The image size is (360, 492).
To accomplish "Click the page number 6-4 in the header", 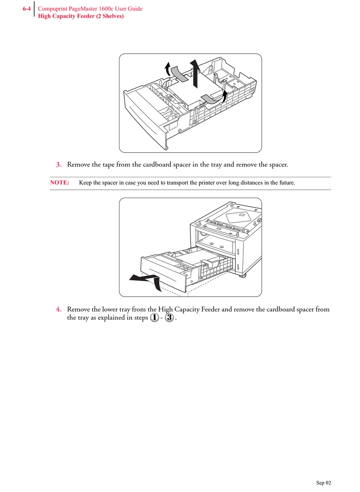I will coord(26,9).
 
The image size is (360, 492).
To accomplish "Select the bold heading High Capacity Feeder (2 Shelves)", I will coord(81,16).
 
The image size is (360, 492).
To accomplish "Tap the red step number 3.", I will coord(59,165).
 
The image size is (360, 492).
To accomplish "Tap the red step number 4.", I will coord(59,309).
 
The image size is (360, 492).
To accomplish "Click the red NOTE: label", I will coord(59,183).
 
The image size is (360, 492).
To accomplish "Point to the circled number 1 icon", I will coord(154,318).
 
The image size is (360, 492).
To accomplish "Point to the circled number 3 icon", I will coord(169,318).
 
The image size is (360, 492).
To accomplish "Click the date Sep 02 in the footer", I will coord(324,483).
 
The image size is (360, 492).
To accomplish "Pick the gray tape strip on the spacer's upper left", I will coord(179,74).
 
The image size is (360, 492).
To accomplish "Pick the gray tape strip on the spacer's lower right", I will coord(210,99).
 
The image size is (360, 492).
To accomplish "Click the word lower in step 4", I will coord(110,309).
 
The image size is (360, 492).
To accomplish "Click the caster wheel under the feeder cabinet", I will coord(242,275).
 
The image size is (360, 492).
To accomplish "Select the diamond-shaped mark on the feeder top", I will coord(238,217).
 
